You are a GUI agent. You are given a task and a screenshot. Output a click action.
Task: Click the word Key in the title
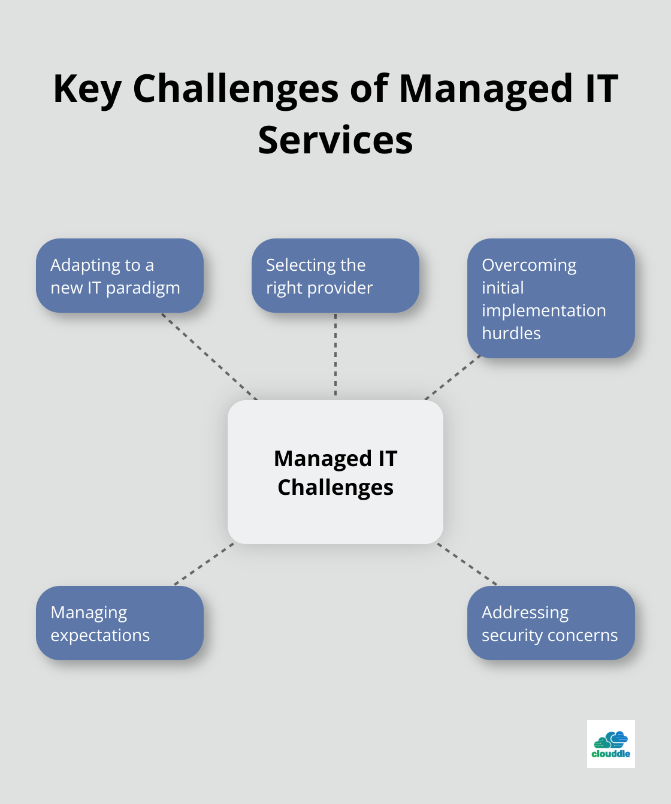(87, 89)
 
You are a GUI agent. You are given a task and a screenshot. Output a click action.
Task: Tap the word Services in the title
(335, 140)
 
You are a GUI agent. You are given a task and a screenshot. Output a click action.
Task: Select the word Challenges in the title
(235, 89)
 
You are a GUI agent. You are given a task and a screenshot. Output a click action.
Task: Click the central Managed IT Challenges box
(335, 472)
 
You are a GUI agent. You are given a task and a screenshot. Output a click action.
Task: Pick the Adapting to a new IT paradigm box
(120, 276)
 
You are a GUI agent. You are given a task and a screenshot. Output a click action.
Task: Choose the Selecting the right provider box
(335, 276)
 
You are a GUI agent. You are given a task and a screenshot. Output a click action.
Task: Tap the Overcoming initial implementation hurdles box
(551, 298)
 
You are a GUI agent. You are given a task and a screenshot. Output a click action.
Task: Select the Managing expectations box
(120, 623)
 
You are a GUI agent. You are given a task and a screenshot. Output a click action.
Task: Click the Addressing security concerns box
(551, 623)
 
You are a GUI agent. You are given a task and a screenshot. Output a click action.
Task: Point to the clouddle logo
(611, 744)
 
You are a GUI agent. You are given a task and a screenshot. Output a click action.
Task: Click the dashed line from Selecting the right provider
(335, 355)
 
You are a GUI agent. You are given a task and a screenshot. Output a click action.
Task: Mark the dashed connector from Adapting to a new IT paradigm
(209, 356)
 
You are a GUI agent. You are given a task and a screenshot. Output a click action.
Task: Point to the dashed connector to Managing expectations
(204, 564)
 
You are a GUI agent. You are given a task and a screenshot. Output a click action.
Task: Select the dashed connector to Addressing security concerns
(467, 564)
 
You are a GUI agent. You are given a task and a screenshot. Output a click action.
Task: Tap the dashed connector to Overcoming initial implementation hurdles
(453, 377)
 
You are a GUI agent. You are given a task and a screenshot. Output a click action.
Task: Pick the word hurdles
(511, 333)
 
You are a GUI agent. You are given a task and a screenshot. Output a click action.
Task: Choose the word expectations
(100, 636)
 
